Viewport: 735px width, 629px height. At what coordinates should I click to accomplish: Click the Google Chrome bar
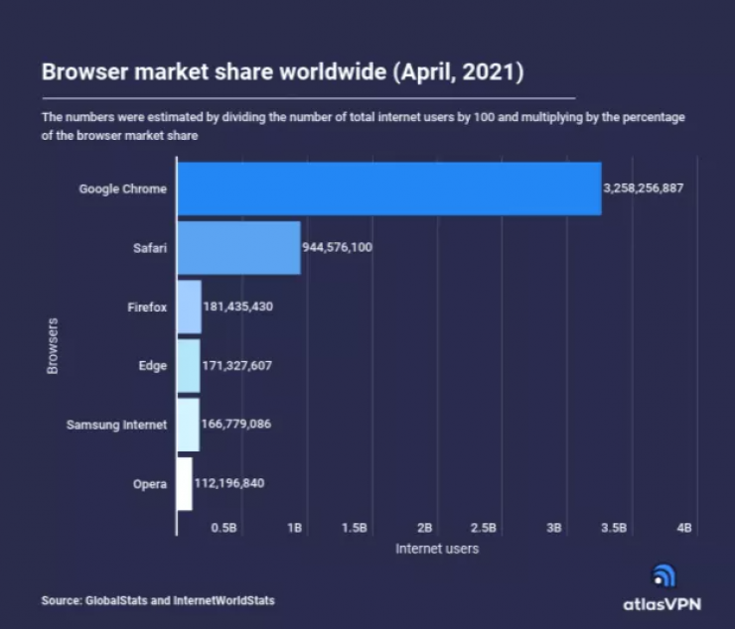(x=388, y=189)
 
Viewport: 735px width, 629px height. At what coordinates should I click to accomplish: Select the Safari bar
(x=238, y=247)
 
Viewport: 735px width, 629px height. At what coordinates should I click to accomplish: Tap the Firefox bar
(x=189, y=307)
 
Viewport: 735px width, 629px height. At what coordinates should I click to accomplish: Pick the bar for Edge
(x=188, y=365)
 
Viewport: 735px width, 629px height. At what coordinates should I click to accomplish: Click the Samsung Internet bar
(x=188, y=425)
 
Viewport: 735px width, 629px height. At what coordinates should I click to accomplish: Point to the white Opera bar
(x=184, y=483)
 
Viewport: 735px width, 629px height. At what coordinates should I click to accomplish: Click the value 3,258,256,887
(x=643, y=189)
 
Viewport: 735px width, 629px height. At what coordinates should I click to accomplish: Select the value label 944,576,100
(x=338, y=247)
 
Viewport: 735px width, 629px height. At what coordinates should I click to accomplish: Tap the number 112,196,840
(x=222, y=483)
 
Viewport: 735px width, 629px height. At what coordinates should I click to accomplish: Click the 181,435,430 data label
(x=237, y=307)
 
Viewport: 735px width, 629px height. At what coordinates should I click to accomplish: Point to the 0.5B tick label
(x=224, y=528)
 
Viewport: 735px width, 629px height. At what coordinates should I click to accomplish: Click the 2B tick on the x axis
(x=425, y=528)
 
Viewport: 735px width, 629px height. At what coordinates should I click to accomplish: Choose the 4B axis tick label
(x=684, y=528)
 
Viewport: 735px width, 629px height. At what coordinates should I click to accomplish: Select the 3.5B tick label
(x=615, y=528)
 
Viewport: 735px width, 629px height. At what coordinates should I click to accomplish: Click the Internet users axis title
(x=437, y=548)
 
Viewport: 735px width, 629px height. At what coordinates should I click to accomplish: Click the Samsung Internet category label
(x=116, y=425)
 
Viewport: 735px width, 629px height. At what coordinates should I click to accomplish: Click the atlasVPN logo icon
(x=663, y=576)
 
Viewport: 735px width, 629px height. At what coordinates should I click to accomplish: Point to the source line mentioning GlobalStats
(x=158, y=600)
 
